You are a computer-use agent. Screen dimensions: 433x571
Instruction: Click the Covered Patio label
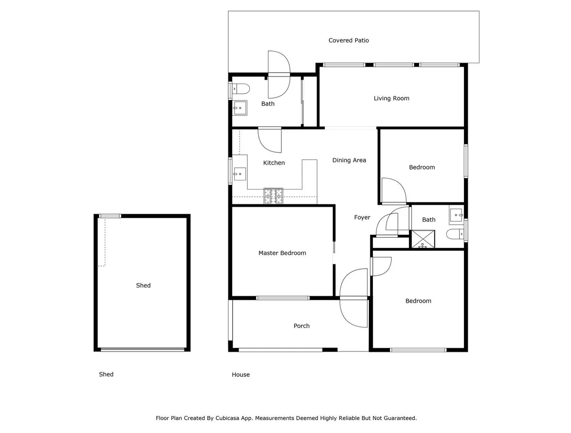[x=348, y=40]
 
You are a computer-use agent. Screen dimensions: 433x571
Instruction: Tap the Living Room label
[x=391, y=98]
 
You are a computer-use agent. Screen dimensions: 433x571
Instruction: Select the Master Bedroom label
[x=282, y=253]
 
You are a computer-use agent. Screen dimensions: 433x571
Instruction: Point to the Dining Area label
[x=349, y=160]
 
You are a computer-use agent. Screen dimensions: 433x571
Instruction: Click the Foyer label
[x=362, y=217]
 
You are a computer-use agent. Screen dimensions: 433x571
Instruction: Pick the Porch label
[x=301, y=326]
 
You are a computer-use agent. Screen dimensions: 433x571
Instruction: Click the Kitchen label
[x=274, y=163]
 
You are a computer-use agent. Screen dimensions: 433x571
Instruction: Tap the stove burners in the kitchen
[x=273, y=196]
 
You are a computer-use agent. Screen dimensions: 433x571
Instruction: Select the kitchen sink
[x=240, y=174]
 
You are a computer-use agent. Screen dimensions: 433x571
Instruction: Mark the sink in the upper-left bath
[x=240, y=108]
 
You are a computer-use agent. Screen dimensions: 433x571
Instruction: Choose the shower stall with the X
[x=423, y=239]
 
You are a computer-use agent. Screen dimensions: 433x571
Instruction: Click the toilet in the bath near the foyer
[x=455, y=234]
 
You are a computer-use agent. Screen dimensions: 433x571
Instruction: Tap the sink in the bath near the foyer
[x=456, y=216]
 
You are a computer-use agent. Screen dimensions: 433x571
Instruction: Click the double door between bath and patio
[x=279, y=75]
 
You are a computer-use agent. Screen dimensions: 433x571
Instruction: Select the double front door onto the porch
[x=354, y=298]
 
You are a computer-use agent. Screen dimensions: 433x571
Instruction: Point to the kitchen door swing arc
[x=269, y=140]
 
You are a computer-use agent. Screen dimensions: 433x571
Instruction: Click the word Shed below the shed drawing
[x=106, y=374]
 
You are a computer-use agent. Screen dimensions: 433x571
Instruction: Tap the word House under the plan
[x=240, y=375]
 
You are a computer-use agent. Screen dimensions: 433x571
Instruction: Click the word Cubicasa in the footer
[x=228, y=418]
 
